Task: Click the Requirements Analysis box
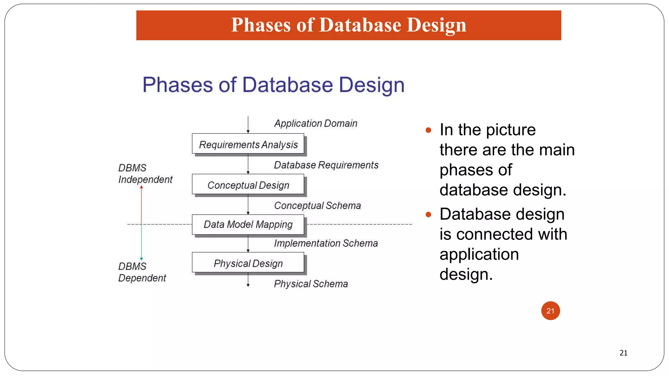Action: coord(248,144)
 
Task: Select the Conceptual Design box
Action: coord(248,185)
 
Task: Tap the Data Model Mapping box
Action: coord(248,224)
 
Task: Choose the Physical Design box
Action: coord(248,263)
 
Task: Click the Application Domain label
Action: coord(316,123)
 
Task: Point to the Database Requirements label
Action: coord(326,165)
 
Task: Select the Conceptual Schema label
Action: coord(317,206)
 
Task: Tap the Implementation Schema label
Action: coord(326,243)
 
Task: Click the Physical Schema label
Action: coord(311,284)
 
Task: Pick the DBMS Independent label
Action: coord(145,174)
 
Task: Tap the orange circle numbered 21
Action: coord(550,311)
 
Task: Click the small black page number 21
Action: coord(623,353)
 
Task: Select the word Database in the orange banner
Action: coord(360,25)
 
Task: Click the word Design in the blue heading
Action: coord(371,85)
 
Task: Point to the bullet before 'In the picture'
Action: coord(429,131)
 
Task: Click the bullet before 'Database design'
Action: coord(429,215)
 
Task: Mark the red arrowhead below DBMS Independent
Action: coord(141,187)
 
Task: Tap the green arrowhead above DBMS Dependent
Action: coord(141,258)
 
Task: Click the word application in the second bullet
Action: coord(479,254)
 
